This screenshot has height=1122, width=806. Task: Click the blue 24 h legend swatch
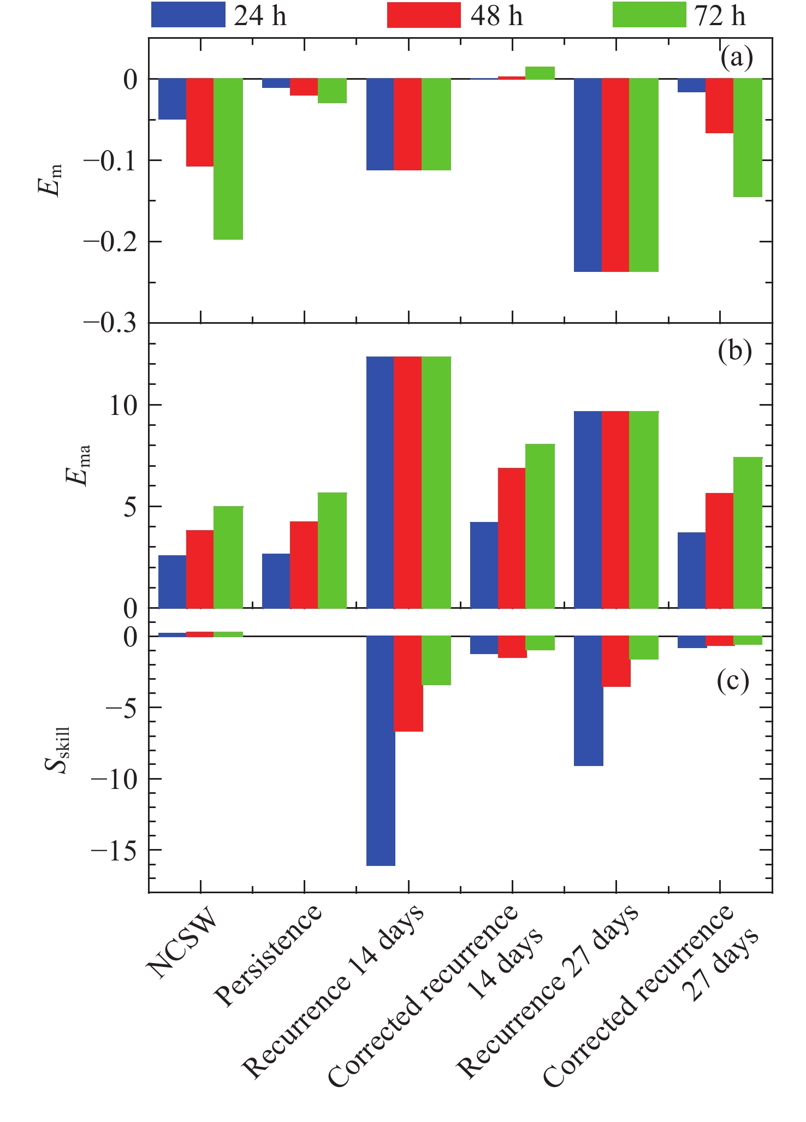[x=188, y=15]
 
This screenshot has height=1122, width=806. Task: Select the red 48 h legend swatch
[x=424, y=15]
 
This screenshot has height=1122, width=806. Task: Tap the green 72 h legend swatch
[x=649, y=15]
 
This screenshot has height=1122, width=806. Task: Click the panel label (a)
[x=736, y=57]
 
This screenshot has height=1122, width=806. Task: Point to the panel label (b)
[x=735, y=352]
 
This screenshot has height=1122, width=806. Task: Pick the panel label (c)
[x=732, y=681]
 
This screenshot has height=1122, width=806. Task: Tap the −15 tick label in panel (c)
[x=114, y=851]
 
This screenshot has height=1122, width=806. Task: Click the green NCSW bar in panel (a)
[x=228, y=159]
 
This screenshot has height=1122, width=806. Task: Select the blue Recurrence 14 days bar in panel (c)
[x=381, y=751]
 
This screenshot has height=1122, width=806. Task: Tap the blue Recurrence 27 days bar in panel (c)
[x=589, y=700]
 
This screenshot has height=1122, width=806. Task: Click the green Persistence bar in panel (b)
[x=332, y=550]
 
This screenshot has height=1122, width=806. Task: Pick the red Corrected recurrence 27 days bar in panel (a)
[x=719, y=106]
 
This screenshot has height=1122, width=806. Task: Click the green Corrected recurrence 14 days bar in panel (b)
[x=540, y=526]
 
